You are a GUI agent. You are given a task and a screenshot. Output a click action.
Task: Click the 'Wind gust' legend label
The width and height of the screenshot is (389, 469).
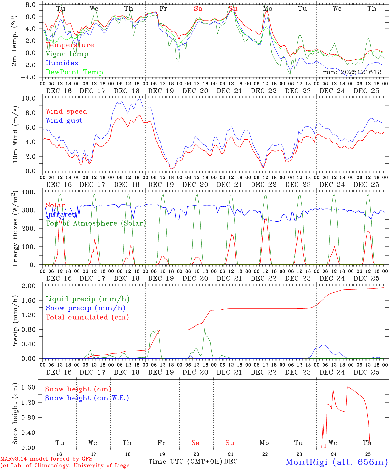pyautogui.click(x=64, y=121)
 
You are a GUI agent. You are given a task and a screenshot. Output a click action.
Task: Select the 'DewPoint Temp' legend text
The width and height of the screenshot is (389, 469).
pyautogui.click(x=74, y=72)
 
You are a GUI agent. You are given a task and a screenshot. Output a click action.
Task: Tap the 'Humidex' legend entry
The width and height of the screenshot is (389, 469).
pyautogui.click(x=62, y=63)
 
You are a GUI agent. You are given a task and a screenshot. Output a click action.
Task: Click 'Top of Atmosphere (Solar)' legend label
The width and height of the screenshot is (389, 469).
pyautogui.click(x=96, y=223)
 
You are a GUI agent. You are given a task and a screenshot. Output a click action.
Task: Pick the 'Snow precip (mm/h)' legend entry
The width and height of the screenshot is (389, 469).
pyautogui.click(x=85, y=308)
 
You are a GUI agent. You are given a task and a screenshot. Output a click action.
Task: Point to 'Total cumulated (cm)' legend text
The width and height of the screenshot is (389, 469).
pyautogui.click(x=87, y=317)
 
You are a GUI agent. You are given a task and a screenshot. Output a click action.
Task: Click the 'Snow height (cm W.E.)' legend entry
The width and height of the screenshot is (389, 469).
pyautogui.click(x=87, y=398)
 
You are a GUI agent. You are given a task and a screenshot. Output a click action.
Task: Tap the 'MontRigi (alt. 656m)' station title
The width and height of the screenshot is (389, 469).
pyautogui.click(x=337, y=462)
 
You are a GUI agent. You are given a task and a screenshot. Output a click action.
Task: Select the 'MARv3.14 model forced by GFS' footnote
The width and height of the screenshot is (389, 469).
pyautogui.click(x=46, y=459)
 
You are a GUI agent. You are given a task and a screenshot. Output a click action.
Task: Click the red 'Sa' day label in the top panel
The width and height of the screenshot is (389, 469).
pyautogui.click(x=198, y=9)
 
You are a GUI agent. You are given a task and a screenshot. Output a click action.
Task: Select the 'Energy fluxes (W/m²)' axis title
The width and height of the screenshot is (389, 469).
pyautogui.click(x=15, y=229)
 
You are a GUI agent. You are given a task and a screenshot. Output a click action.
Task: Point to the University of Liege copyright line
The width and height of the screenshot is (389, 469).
pyautogui.click(x=65, y=465)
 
